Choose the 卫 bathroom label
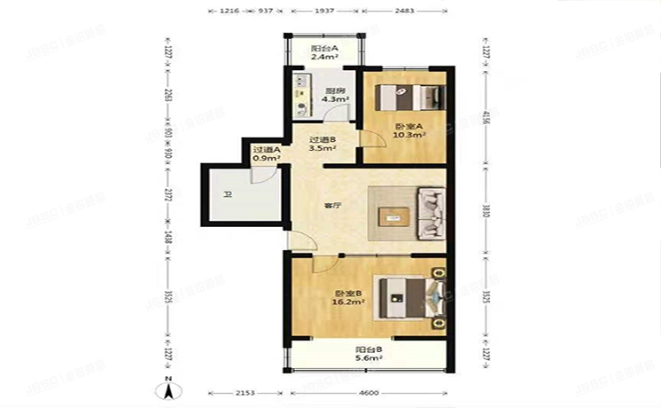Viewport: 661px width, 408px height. [228, 195]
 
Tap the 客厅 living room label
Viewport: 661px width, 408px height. [332, 207]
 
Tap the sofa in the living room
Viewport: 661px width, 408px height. [432, 214]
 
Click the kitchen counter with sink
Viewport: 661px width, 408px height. [302, 98]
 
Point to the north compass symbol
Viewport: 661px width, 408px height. [167, 387]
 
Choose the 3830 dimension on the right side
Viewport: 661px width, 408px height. [486, 211]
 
